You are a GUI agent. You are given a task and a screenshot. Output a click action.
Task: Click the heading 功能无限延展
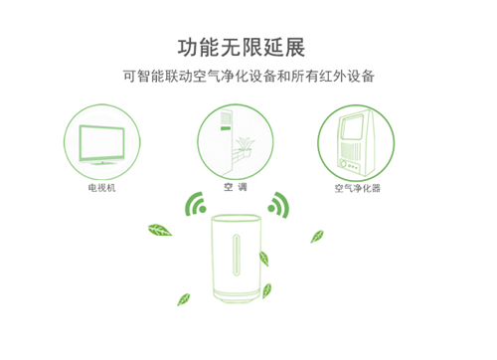pyautogui.click(x=242, y=48)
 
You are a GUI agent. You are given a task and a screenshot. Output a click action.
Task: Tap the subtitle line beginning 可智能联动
pyautogui.click(x=248, y=76)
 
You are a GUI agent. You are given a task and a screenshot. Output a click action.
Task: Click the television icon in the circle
pyautogui.click(x=102, y=144)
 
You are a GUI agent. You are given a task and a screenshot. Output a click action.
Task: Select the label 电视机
pyautogui.click(x=102, y=188)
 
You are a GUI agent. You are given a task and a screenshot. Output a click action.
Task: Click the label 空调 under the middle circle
pyautogui.click(x=236, y=187)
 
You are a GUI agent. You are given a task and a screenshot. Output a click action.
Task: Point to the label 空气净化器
pyautogui.click(x=357, y=188)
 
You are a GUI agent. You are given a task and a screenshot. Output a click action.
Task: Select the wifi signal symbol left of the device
pyautogui.click(x=196, y=204)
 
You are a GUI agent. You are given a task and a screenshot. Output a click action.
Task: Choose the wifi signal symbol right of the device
pyautogui.click(x=278, y=205)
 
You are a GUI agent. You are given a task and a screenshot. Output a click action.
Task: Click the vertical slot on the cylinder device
pyautogui.click(x=236, y=256)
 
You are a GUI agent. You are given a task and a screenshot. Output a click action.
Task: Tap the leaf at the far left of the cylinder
pyautogui.click(x=160, y=230)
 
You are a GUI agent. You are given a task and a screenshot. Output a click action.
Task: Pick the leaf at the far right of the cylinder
pyautogui.click(x=317, y=237)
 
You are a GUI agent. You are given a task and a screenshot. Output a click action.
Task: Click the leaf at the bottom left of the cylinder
pyautogui.click(x=184, y=299)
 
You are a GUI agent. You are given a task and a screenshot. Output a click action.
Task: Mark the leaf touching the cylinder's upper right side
pyautogui.click(x=264, y=259)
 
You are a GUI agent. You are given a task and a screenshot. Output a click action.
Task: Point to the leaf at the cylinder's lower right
pyautogui.click(x=266, y=290)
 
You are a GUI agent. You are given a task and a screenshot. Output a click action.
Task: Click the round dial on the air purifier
pyautogui.click(x=343, y=164)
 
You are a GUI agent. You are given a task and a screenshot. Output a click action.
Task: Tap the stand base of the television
pyautogui.click(x=102, y=163)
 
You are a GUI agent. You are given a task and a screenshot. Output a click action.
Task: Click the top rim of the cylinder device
pyautogui.click(x=236, y=218)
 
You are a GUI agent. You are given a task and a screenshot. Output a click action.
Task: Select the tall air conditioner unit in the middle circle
pyautogui.click(x=228, y=141)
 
